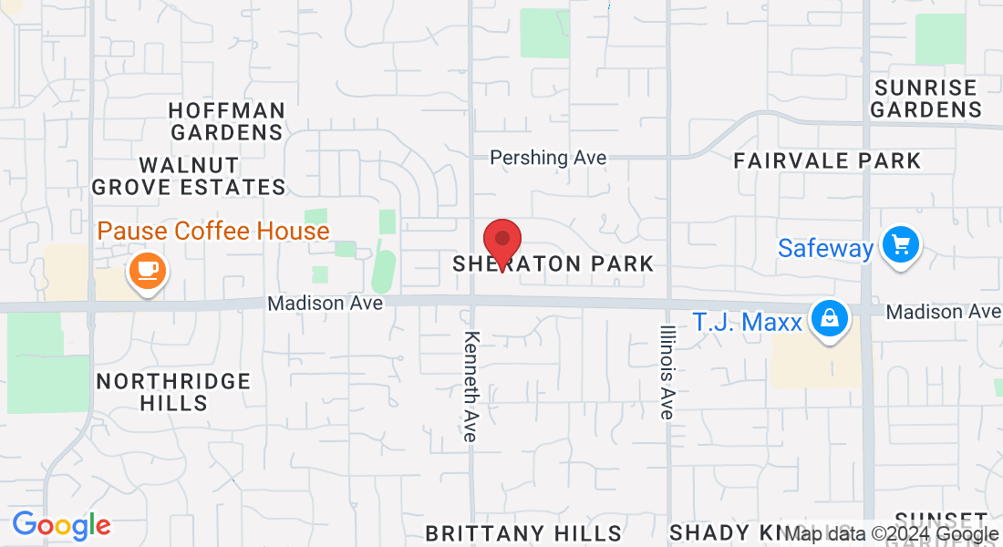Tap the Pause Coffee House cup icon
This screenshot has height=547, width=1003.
(147, 271)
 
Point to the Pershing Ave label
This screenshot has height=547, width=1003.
(548, 158)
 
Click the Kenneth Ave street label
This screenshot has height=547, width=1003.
(470, 387)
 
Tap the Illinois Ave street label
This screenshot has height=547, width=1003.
(667, 372)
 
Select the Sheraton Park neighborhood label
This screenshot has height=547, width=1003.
(553, 264)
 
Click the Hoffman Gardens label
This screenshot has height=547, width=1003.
(227, 121)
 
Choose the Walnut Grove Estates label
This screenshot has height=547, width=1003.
(190, 177)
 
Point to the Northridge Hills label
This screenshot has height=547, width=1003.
(173, 391)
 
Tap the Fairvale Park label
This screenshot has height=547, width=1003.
(828, 161)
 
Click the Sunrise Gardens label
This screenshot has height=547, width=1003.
(925, 98)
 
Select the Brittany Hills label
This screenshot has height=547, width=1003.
(523, 533)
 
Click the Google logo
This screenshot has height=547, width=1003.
(61, 525)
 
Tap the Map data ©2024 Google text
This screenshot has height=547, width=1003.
(893, 534)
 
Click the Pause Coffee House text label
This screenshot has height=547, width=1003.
(213, 231)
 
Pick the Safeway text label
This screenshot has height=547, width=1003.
(825, 248)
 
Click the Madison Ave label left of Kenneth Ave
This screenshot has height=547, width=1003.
(326, 303)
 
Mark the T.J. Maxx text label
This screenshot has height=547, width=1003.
(747, 323)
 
